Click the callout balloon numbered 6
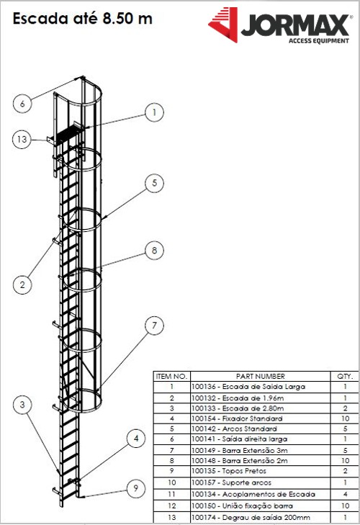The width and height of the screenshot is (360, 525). pos(22,103)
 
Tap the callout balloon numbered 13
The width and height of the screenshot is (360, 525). pos(22,139)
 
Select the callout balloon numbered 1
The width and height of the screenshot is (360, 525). pos(154,112)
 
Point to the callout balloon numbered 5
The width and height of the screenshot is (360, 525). pos(154,183)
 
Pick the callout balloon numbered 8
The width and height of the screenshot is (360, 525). pos(154,251)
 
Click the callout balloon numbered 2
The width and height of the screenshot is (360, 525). pos(22,285)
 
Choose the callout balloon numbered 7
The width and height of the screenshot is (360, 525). pos(154,326)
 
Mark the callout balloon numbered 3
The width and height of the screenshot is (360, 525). pos(22,405)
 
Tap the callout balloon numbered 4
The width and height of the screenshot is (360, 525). pos(136,439)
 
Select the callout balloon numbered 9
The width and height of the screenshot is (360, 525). pos(136,488)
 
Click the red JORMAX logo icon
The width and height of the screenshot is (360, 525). pos(223,24)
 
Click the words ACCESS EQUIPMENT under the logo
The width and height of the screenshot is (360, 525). pos(319,41)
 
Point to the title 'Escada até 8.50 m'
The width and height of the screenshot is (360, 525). pos(82,19)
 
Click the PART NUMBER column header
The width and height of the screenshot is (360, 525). pos(260,377)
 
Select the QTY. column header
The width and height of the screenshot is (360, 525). pos(345,377)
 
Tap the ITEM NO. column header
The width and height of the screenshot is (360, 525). pos(171,377)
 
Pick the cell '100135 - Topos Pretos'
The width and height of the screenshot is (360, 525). pos(229,471)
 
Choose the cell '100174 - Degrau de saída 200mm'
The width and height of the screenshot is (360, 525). pos(251,518)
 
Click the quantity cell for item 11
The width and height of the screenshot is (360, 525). pos(346,494)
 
